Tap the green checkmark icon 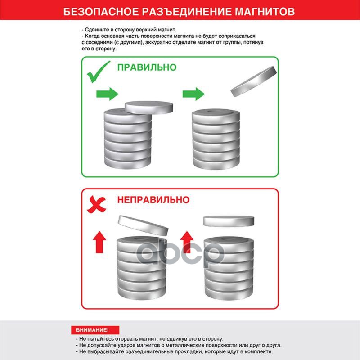pyautogui.click(x=98, y=72)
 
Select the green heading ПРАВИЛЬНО pyautogui.click(x=147, y=67)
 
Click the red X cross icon pyautogui.click(x=96, y=204)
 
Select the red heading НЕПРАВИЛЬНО pyautogui.click(x=153, y=200)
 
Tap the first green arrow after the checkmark pyautogui.click(x=107, y=94)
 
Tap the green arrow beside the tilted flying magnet pyautogui.click(x=193, y=94)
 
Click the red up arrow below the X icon pyautogui.click(x=99, y=242)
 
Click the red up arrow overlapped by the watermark pyautogui.click(x=187, y=242)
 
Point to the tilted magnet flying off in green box pyautogui.click(x=253, y=81)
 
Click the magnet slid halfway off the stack pyautogui.click(x=149, y=108)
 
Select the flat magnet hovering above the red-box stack pyautogui.click(x=229, y=221)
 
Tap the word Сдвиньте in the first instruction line pyautogui.click(x=95, y=30)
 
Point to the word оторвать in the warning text pyautogui.click(x=125, y=339)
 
